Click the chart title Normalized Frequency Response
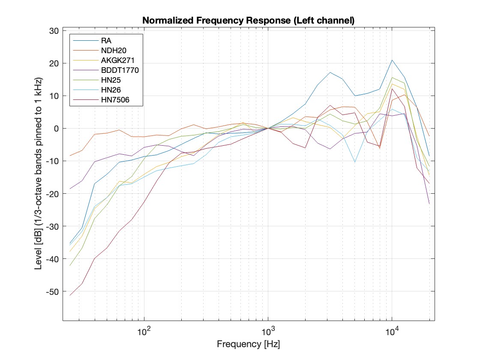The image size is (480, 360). click(x=248, y=21)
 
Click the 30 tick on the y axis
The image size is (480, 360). click(x=54, y=31)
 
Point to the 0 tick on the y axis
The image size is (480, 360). click(x=56, y=129)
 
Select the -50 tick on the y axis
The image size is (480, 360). click(x=53, y=291)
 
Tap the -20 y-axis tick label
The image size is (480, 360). click(x=53, y=194)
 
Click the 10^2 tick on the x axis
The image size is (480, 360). click(x=144, y=330)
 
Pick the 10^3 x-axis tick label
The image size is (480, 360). click(x=268, y=330)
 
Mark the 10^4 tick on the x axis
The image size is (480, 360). click(x=392, y=330)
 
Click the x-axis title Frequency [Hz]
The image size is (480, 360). click(x=248, y=344)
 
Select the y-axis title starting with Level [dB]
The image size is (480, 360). click(x=38, y=175)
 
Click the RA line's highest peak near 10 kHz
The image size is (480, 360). click(x=392, y=60)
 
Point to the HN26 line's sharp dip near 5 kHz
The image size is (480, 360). click(x=355, y=162)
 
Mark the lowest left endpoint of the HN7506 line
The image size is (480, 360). click(x=70, y=295)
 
